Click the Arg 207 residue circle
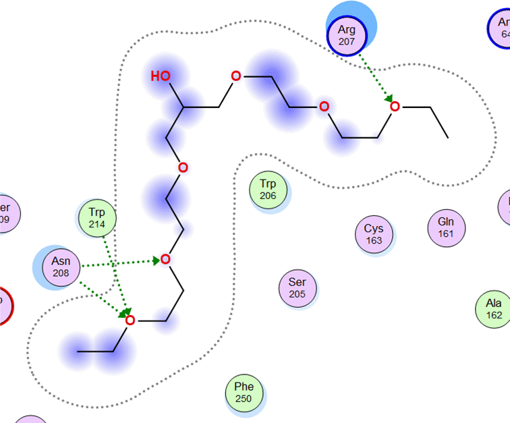click(346, 34)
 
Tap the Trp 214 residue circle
click(96, 217)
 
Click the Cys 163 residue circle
click(374, 234)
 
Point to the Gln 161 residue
click(446, 227)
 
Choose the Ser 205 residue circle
click(297, 288)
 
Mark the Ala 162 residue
click(494, 308)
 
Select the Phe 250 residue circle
click(244, 392)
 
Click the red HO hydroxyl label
click(161, 76)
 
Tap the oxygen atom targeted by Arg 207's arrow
click(395, 106)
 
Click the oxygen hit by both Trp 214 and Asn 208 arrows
click(130, 320)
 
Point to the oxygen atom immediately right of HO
click(235, 76)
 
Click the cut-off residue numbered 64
click(501, 28)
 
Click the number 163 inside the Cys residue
click(374, 240)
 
